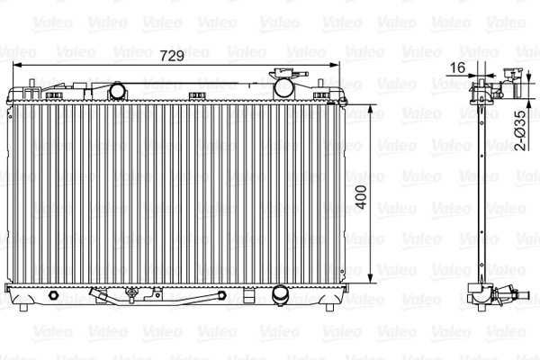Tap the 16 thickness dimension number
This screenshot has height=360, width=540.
457,67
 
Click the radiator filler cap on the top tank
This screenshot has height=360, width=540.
286,86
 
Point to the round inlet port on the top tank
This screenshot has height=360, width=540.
117,90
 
